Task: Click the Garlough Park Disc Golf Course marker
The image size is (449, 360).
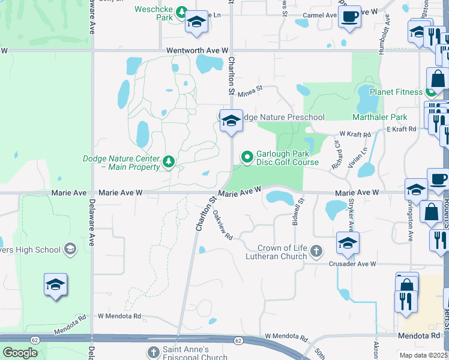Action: (x=247, y=157)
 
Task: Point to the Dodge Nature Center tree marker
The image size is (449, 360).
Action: (x=169, y=161)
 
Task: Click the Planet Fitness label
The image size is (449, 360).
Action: (x=396, y=92)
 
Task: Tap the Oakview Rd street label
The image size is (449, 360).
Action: (x=222, y=225)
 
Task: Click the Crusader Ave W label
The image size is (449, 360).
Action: (x=352, y=263)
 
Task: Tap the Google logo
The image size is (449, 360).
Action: (x=20, y=353)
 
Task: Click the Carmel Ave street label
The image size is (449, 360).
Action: (x=320, y=15)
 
